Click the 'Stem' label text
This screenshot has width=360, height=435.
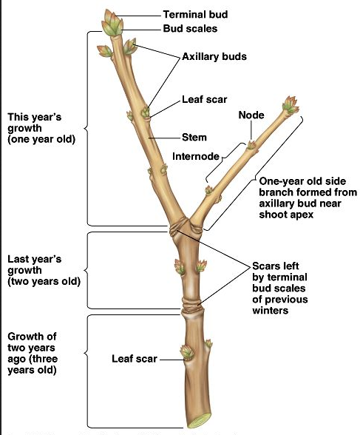194,137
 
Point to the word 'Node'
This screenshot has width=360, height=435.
251,115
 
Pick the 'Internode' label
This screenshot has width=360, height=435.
196,156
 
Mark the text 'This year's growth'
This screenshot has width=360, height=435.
41,128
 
